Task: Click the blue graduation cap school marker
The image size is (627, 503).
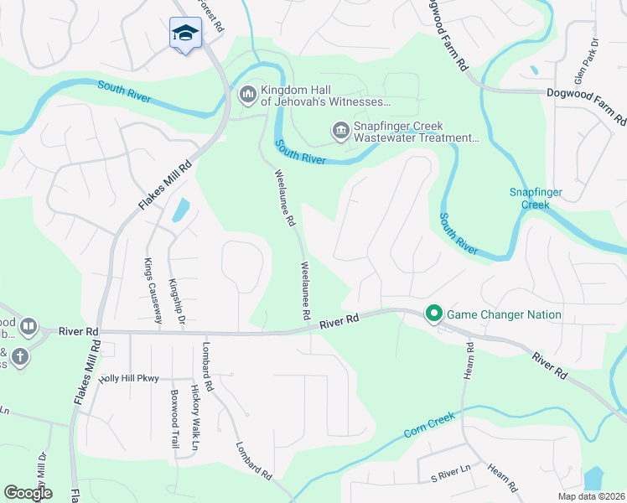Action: tap(185, 34)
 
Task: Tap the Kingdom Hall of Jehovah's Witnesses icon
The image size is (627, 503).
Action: tap(247, 93)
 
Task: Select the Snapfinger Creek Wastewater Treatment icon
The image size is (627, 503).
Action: tap(340, 130)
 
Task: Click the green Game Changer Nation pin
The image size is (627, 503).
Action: tap(434, 314)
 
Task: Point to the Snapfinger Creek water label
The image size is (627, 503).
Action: tap(536, 198)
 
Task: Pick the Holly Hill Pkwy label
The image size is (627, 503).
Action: tap(128, 379)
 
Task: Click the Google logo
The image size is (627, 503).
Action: tap(28, 493)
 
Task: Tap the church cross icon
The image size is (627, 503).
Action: tap(19, 358)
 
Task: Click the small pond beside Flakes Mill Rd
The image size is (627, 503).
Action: tap(180, 210)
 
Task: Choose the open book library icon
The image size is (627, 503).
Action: tap(28, 325)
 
